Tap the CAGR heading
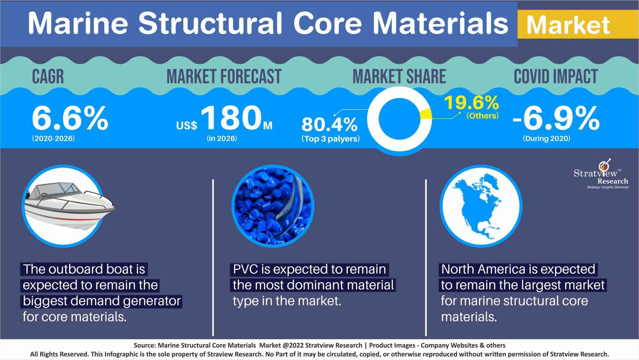[x=48, y=77]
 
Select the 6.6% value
[x=70, y=118]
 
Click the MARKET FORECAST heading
[x=223, y=77]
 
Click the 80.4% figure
[x=329, y=125]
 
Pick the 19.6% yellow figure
[x=471, y=103]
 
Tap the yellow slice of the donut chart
[x=425, y=114]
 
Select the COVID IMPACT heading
[x=555, y=77]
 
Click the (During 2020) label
[x=546, y=139]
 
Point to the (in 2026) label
[x=222, y=139]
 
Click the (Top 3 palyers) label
[x=330, y=139]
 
